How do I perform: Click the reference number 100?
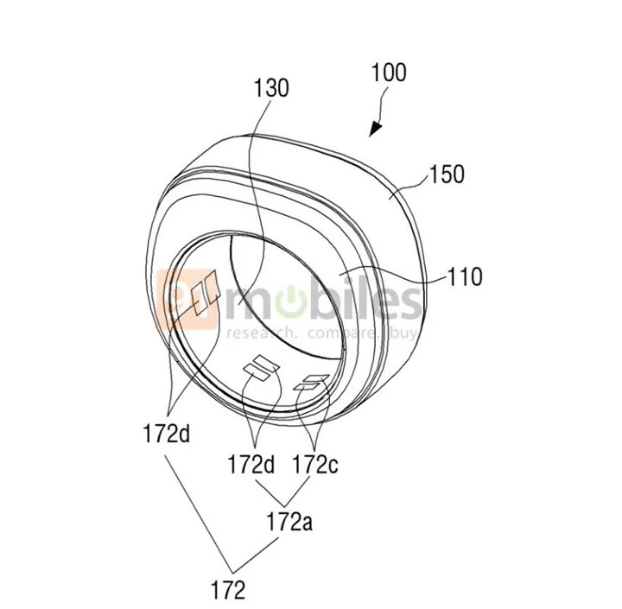[x=389, y=73]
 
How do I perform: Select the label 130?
[x=271, y=87]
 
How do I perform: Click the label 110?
[x=465, y=277]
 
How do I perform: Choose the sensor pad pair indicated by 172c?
[x=308, y=384]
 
